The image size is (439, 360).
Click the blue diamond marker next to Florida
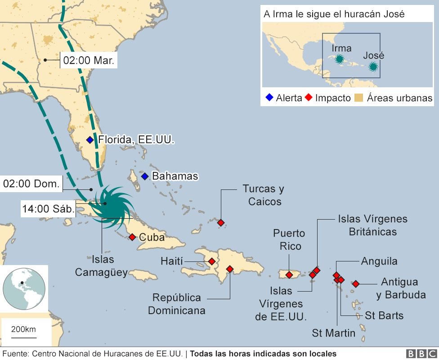pos(90,140)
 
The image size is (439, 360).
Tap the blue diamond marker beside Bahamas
pos(144,176)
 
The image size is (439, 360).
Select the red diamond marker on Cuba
pos(132,237)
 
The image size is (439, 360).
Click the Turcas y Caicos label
pos(263,195)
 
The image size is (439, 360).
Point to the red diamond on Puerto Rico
pos(289,275)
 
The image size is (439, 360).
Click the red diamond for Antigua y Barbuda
pos(356,283)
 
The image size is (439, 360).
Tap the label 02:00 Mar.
pos(89,60)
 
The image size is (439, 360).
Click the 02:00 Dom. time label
pos(31,184)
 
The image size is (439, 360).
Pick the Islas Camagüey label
pos(101,266)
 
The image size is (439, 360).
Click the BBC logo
pos(421,354)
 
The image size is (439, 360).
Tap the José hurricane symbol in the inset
pos(373,67)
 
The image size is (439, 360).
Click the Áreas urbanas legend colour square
pos(358,98)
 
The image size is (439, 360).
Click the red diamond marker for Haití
pos(211,261)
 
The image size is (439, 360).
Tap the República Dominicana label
pos(176,304)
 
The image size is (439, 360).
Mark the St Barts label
pos(384,315)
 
